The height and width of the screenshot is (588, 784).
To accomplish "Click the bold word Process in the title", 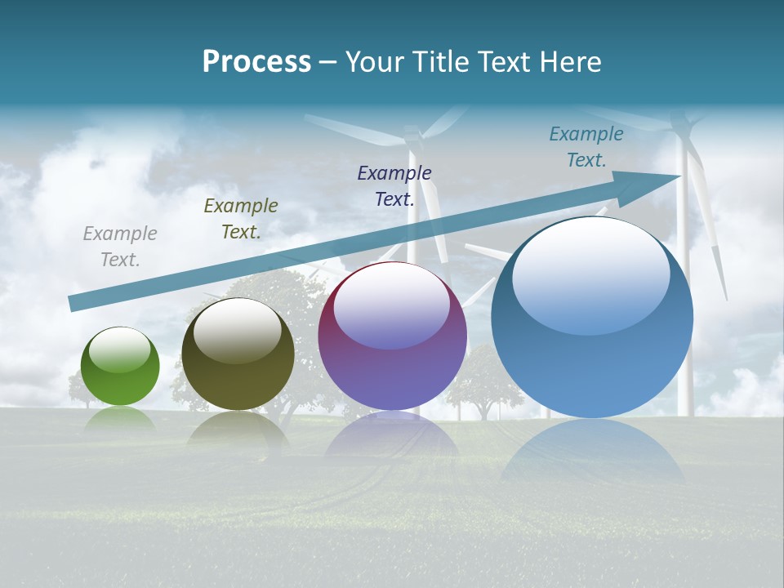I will (256, 62).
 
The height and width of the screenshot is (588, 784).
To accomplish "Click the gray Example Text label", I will (120, 247).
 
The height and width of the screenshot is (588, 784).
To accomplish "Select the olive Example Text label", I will (241, 219).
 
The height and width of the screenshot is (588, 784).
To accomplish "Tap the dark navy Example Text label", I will (394, 185).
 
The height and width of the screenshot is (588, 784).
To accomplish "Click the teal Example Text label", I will (586, 147).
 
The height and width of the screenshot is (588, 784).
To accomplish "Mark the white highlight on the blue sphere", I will (590, 274).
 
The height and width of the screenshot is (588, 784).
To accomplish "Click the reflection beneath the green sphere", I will (120, 418).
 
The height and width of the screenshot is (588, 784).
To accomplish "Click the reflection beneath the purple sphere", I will (392, 433).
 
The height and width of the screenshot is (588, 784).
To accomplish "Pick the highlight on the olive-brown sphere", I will (238, 331).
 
